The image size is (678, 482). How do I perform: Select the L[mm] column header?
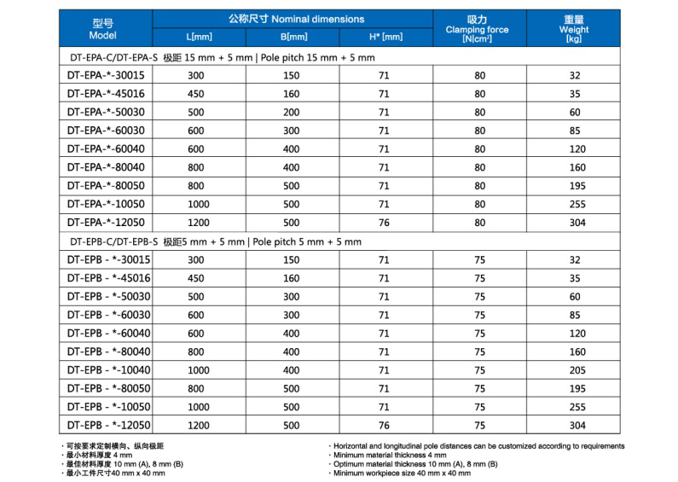click(200, 38)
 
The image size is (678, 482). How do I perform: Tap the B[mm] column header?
click(293, 38)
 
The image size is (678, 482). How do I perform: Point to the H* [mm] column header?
click(385, 38)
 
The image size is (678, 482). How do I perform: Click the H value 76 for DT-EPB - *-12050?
click(385, 425)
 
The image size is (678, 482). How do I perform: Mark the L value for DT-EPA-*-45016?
click(196, 94)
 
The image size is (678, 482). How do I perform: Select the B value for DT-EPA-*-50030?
click(292, 113)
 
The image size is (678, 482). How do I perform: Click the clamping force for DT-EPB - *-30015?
click(479, 260)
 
